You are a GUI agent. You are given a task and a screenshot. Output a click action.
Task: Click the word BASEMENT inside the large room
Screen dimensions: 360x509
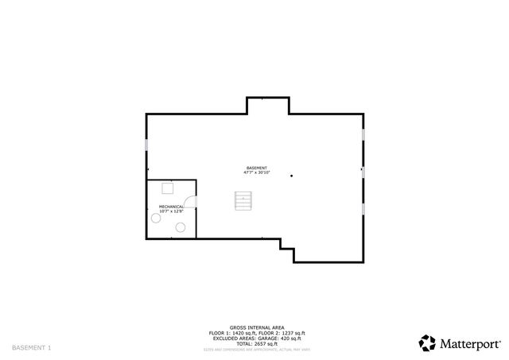(x=256, y=168)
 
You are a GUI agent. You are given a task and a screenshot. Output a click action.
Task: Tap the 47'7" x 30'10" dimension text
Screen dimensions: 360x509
(x=256, y=173)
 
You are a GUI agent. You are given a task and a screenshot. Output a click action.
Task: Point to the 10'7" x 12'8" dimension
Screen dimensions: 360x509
(x=171, y=211)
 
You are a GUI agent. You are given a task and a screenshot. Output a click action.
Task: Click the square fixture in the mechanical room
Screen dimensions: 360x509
(x=168, y=188)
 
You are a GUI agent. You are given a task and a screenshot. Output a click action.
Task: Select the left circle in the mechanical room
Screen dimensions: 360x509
(x=155, y=221)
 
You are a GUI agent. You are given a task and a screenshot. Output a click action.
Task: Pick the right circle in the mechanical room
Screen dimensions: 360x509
(x=181, y=228)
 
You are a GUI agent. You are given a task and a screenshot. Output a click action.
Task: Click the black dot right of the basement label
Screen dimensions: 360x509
(x=292, y=176)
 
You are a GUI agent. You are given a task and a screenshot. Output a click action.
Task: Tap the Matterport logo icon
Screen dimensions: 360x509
(x=428, y=343)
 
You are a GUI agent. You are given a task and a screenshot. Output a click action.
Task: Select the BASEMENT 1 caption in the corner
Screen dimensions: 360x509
(x=31, y=348)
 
